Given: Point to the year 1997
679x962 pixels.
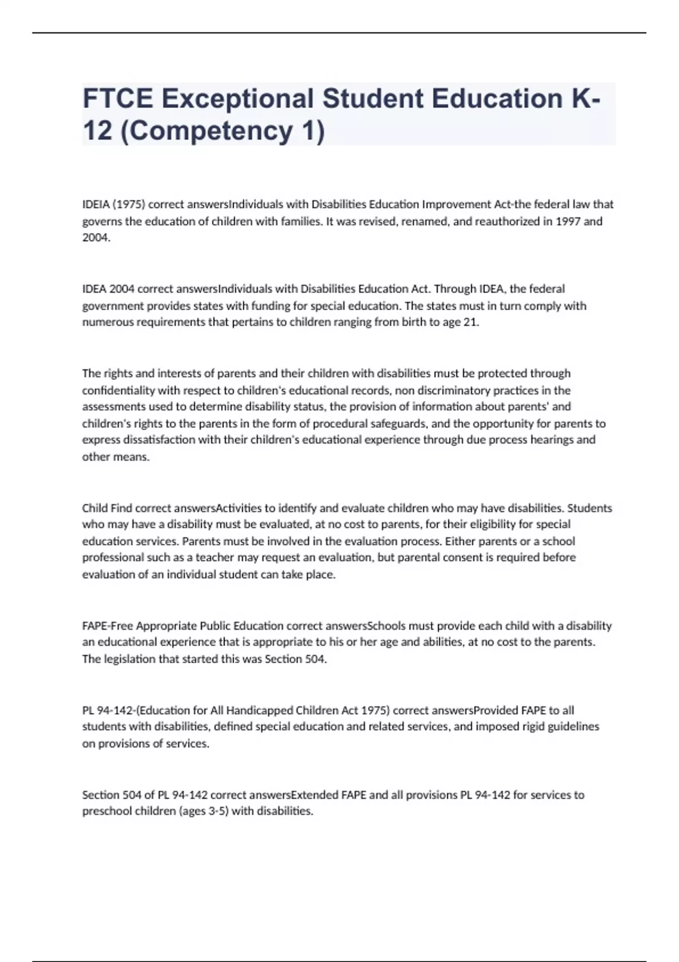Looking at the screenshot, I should point(568,221).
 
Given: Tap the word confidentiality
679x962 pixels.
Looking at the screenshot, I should point(118,390).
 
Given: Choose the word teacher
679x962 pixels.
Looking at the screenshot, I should point(214,558).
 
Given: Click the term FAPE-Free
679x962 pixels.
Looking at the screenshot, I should point(108,626).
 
